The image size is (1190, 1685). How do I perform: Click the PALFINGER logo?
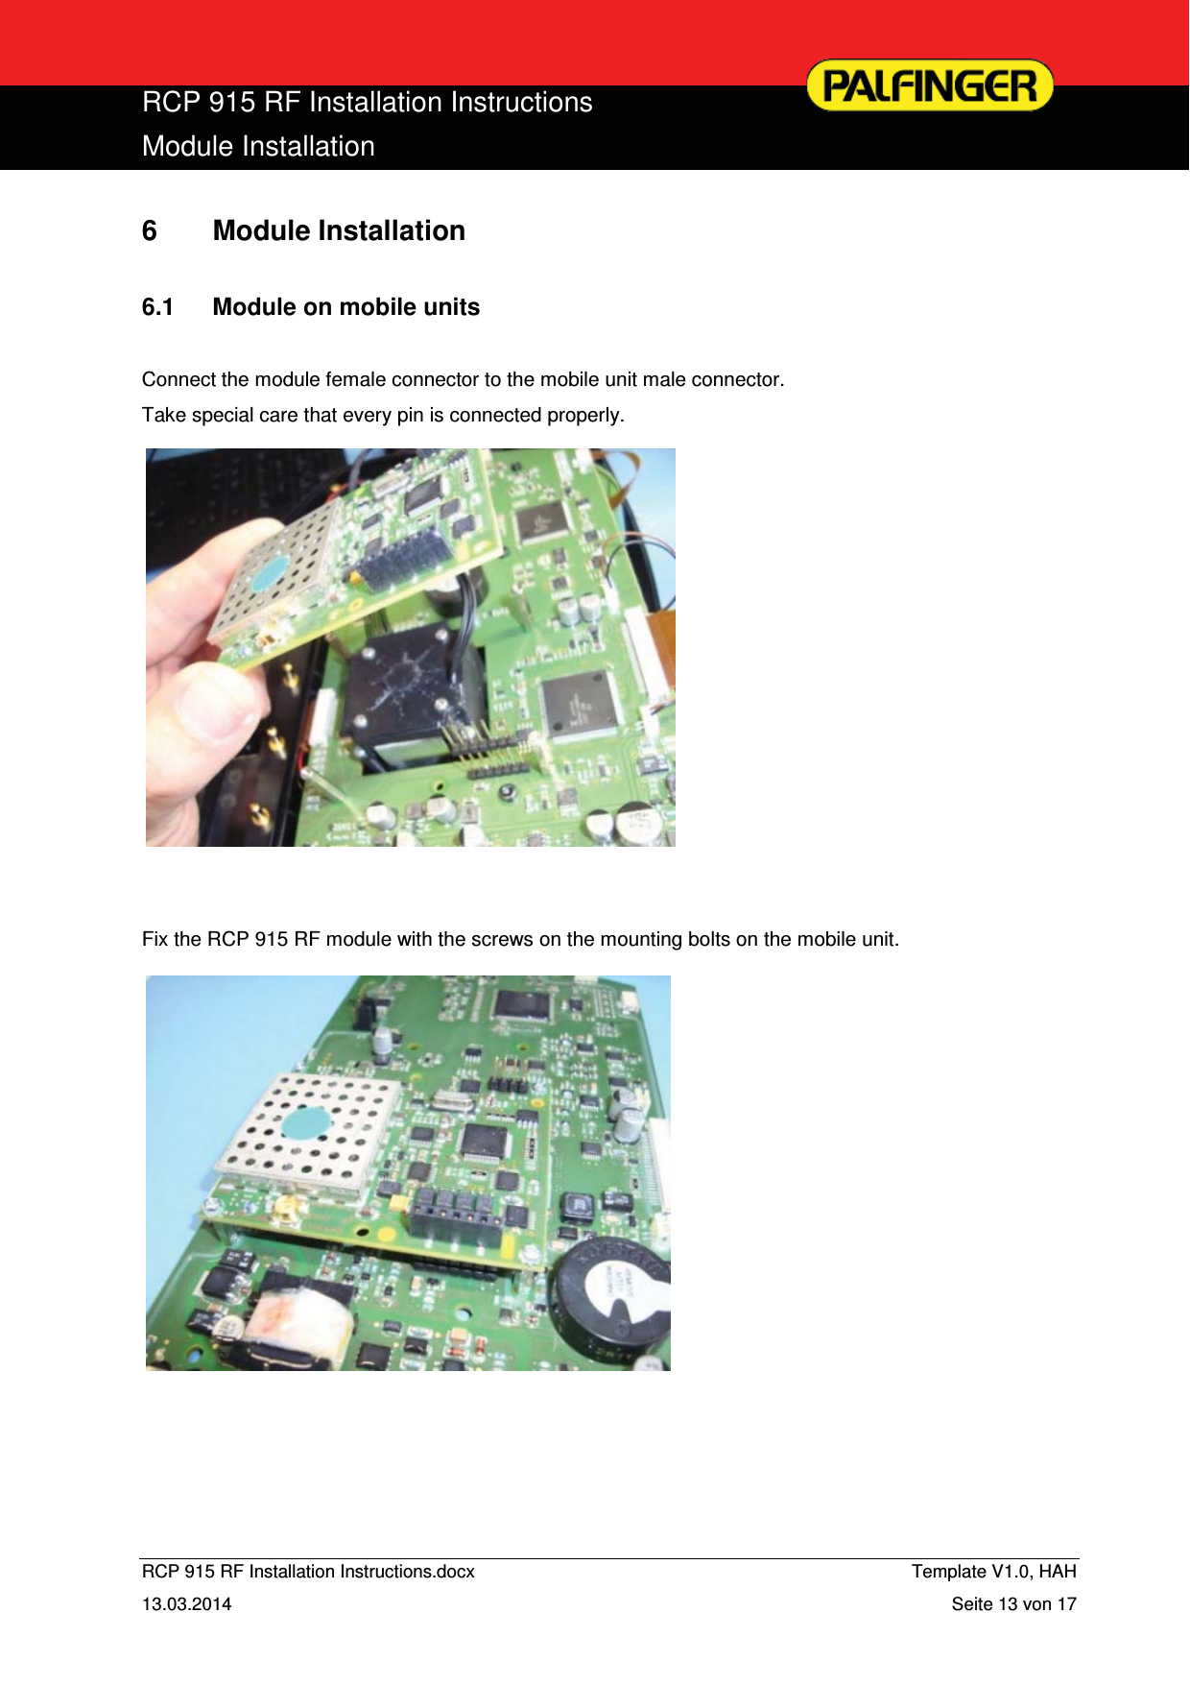[x=929, y=85]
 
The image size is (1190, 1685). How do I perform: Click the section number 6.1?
[x=157, y=307]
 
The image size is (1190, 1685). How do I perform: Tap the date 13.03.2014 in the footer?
[x=186, y=1604]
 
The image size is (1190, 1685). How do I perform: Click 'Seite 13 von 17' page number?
[x=1013, y=1604]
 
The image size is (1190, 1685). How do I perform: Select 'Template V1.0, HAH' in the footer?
[x=993, y=1572]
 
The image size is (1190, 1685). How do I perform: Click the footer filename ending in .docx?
[x=308, y=1572]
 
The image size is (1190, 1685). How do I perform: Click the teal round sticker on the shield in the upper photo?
[x=270, y=573]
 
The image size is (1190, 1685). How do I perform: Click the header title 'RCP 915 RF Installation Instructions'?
[x=367, y=103]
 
